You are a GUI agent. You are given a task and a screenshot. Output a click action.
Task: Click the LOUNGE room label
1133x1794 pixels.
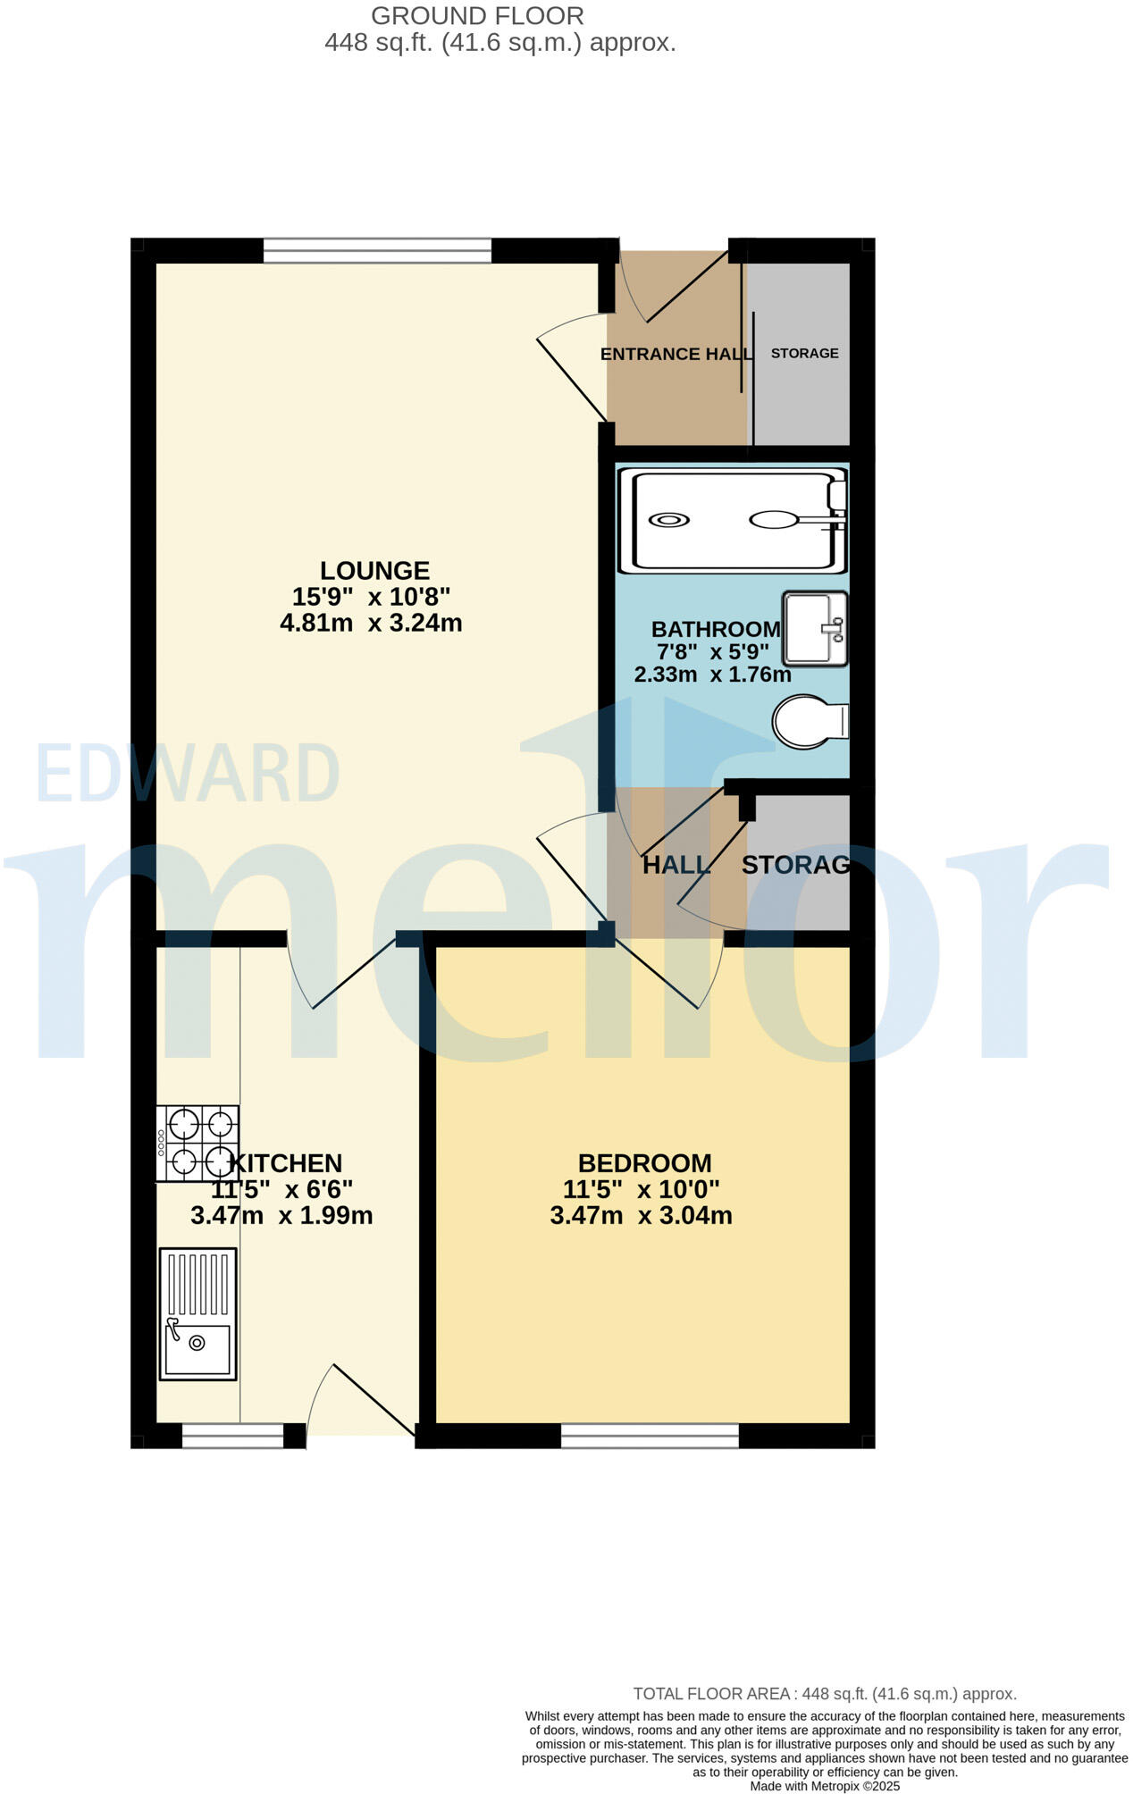pos(374,571)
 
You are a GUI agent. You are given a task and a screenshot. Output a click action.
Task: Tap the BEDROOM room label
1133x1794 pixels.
pos(644,1163)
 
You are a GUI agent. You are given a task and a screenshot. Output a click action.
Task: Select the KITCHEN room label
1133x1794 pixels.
pos(286,1163)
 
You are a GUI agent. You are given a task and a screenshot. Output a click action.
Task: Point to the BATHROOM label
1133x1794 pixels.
pos(716,630)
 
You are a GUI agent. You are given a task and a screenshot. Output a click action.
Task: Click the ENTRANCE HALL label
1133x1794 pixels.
pos(676,354)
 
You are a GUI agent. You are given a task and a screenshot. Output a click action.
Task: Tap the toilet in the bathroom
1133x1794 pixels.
pos(809,722)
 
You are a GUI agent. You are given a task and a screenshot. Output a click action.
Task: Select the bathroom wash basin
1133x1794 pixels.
pos(814,628)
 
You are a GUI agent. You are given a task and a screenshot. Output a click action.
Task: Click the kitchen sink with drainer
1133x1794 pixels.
pos(197,1313)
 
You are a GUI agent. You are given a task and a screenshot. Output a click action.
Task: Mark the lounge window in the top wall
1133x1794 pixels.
pos(377,250)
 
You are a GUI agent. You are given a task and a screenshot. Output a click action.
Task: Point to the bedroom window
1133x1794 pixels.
pos(650,1435)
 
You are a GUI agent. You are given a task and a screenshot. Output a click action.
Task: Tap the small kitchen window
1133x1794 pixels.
pos(232,1435)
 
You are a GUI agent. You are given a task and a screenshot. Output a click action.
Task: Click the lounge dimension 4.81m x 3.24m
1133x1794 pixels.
pos(371,623)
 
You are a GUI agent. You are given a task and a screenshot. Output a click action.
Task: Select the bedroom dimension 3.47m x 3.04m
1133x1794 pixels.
pos(641,1215)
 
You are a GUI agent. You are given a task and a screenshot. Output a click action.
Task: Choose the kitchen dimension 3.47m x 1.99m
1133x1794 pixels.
pos(281,1215)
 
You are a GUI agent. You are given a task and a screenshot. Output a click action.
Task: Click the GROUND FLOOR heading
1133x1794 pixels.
pos(477,16)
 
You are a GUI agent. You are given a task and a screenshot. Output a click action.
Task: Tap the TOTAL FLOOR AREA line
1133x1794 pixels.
pos(824,1694)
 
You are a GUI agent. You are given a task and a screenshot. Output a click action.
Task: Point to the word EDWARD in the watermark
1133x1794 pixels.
pos(188,773)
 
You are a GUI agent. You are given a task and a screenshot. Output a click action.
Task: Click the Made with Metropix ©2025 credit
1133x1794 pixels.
pos(824,1786)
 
